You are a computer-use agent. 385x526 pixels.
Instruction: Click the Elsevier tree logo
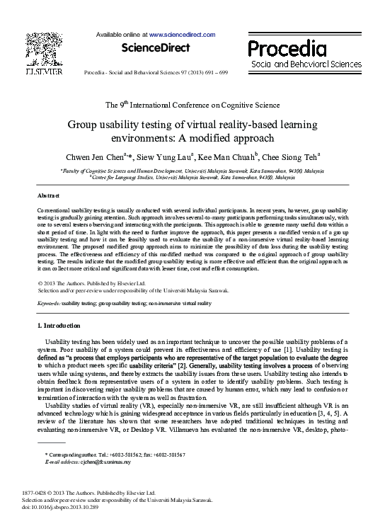pos(43,48)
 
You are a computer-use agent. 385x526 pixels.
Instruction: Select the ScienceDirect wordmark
pos(156,47)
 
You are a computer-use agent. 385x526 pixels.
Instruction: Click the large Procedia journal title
pos(287,49)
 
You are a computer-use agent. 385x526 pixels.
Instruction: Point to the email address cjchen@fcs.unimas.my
pos(96,462)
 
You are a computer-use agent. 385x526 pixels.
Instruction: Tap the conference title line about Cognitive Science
pos(192,105)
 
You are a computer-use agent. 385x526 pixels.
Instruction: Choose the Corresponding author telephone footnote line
pos(115,454)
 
